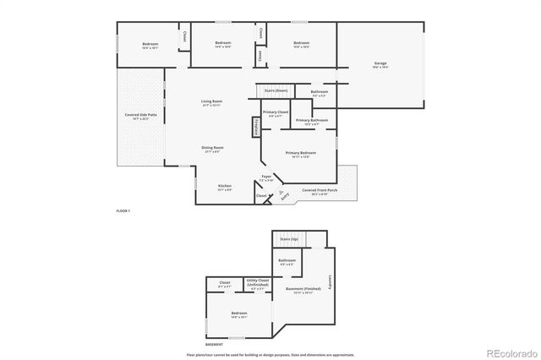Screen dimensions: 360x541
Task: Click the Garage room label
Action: (x=380, y=64)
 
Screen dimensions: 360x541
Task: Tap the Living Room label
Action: (x=211, y=102)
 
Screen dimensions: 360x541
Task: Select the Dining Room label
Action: (x=212, y=149)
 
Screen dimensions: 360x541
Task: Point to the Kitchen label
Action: (x=225, y=187)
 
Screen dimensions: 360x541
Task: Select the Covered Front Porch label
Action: (x=320, y=192)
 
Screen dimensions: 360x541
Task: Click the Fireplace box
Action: (x=254, y=127)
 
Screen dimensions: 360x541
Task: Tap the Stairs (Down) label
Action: (x=276, y=90)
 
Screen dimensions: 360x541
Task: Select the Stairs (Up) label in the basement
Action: (x=289, y=239)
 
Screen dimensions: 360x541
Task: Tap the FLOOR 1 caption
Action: (x=123, y=210)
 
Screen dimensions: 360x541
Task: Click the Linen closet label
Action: (x=260, y=56)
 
